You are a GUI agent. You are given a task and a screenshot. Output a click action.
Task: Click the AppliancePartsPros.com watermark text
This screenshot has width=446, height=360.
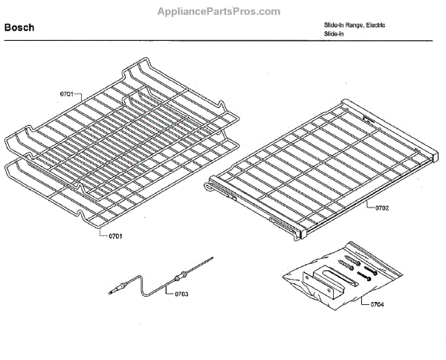point(219,11)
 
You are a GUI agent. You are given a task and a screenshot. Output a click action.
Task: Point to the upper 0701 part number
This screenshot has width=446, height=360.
point(66,95)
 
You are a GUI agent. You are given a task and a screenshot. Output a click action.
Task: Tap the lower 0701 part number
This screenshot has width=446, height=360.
point(114,237)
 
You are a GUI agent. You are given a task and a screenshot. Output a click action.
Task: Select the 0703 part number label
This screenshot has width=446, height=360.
point(181,294)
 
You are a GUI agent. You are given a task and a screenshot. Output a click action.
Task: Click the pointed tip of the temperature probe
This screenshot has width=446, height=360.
point(211,259)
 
